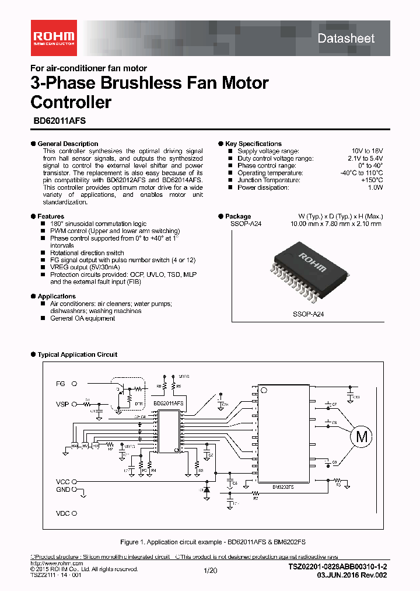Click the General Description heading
(68, 144)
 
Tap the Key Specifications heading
(253, 144)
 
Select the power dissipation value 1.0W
(375, 188)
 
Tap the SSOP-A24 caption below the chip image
(308, 314)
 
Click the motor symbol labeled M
(363, 436)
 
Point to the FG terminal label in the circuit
(61, 384)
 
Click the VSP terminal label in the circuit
(62, 404)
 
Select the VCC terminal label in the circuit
(62, 482)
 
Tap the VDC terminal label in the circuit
(62, 513)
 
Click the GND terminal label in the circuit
(62, 490)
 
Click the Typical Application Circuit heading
(77, 354)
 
